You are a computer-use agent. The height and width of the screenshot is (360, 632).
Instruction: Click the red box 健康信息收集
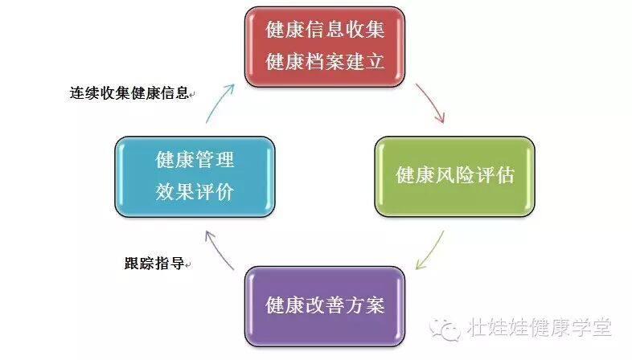tap(324, 46)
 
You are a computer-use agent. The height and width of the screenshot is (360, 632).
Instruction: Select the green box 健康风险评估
tap(454, 174)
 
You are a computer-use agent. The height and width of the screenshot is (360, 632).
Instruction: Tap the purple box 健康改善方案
tap(325, 305)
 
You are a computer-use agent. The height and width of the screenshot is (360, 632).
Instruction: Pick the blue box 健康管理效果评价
tap(195, 174)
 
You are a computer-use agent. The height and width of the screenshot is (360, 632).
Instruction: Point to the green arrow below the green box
tap(431, 250)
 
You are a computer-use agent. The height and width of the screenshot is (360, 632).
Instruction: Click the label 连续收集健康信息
tap(129, 93)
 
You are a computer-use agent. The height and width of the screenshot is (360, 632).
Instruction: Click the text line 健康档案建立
tap(325, 61)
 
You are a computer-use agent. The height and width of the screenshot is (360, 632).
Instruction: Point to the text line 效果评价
tap(195, 190)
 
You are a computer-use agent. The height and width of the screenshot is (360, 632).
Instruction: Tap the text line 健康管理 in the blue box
tap(195, 159)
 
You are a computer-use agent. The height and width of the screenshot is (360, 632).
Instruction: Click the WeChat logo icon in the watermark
tap(445, 327)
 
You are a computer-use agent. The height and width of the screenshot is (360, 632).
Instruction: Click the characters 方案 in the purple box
tap(365, 305)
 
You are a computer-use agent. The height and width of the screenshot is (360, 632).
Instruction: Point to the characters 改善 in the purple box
tap(325, 305)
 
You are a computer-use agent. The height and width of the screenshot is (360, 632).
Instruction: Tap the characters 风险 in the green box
tap(454, 175)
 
